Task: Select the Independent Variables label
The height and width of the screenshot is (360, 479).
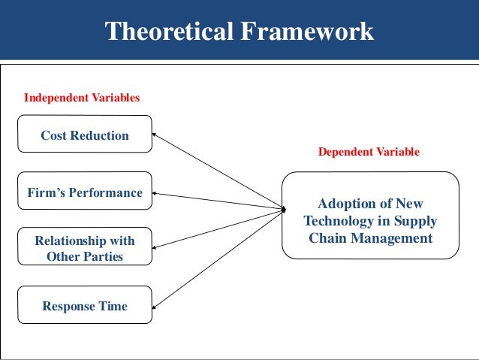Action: [82, 98]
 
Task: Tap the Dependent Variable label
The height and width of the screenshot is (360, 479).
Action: [369, 152]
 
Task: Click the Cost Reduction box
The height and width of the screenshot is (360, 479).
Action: [84, 135]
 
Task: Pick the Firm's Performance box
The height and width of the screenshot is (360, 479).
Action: [84, 193]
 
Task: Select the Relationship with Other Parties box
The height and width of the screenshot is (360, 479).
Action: [84, 249]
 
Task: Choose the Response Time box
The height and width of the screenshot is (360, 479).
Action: [84, 306]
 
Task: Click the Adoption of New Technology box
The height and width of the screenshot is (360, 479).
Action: [369, 221]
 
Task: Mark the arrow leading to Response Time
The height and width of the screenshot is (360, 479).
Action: [218, 257]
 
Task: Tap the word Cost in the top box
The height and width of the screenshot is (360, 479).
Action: [55, 135]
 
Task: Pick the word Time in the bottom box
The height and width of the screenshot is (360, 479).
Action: [112, 306]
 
